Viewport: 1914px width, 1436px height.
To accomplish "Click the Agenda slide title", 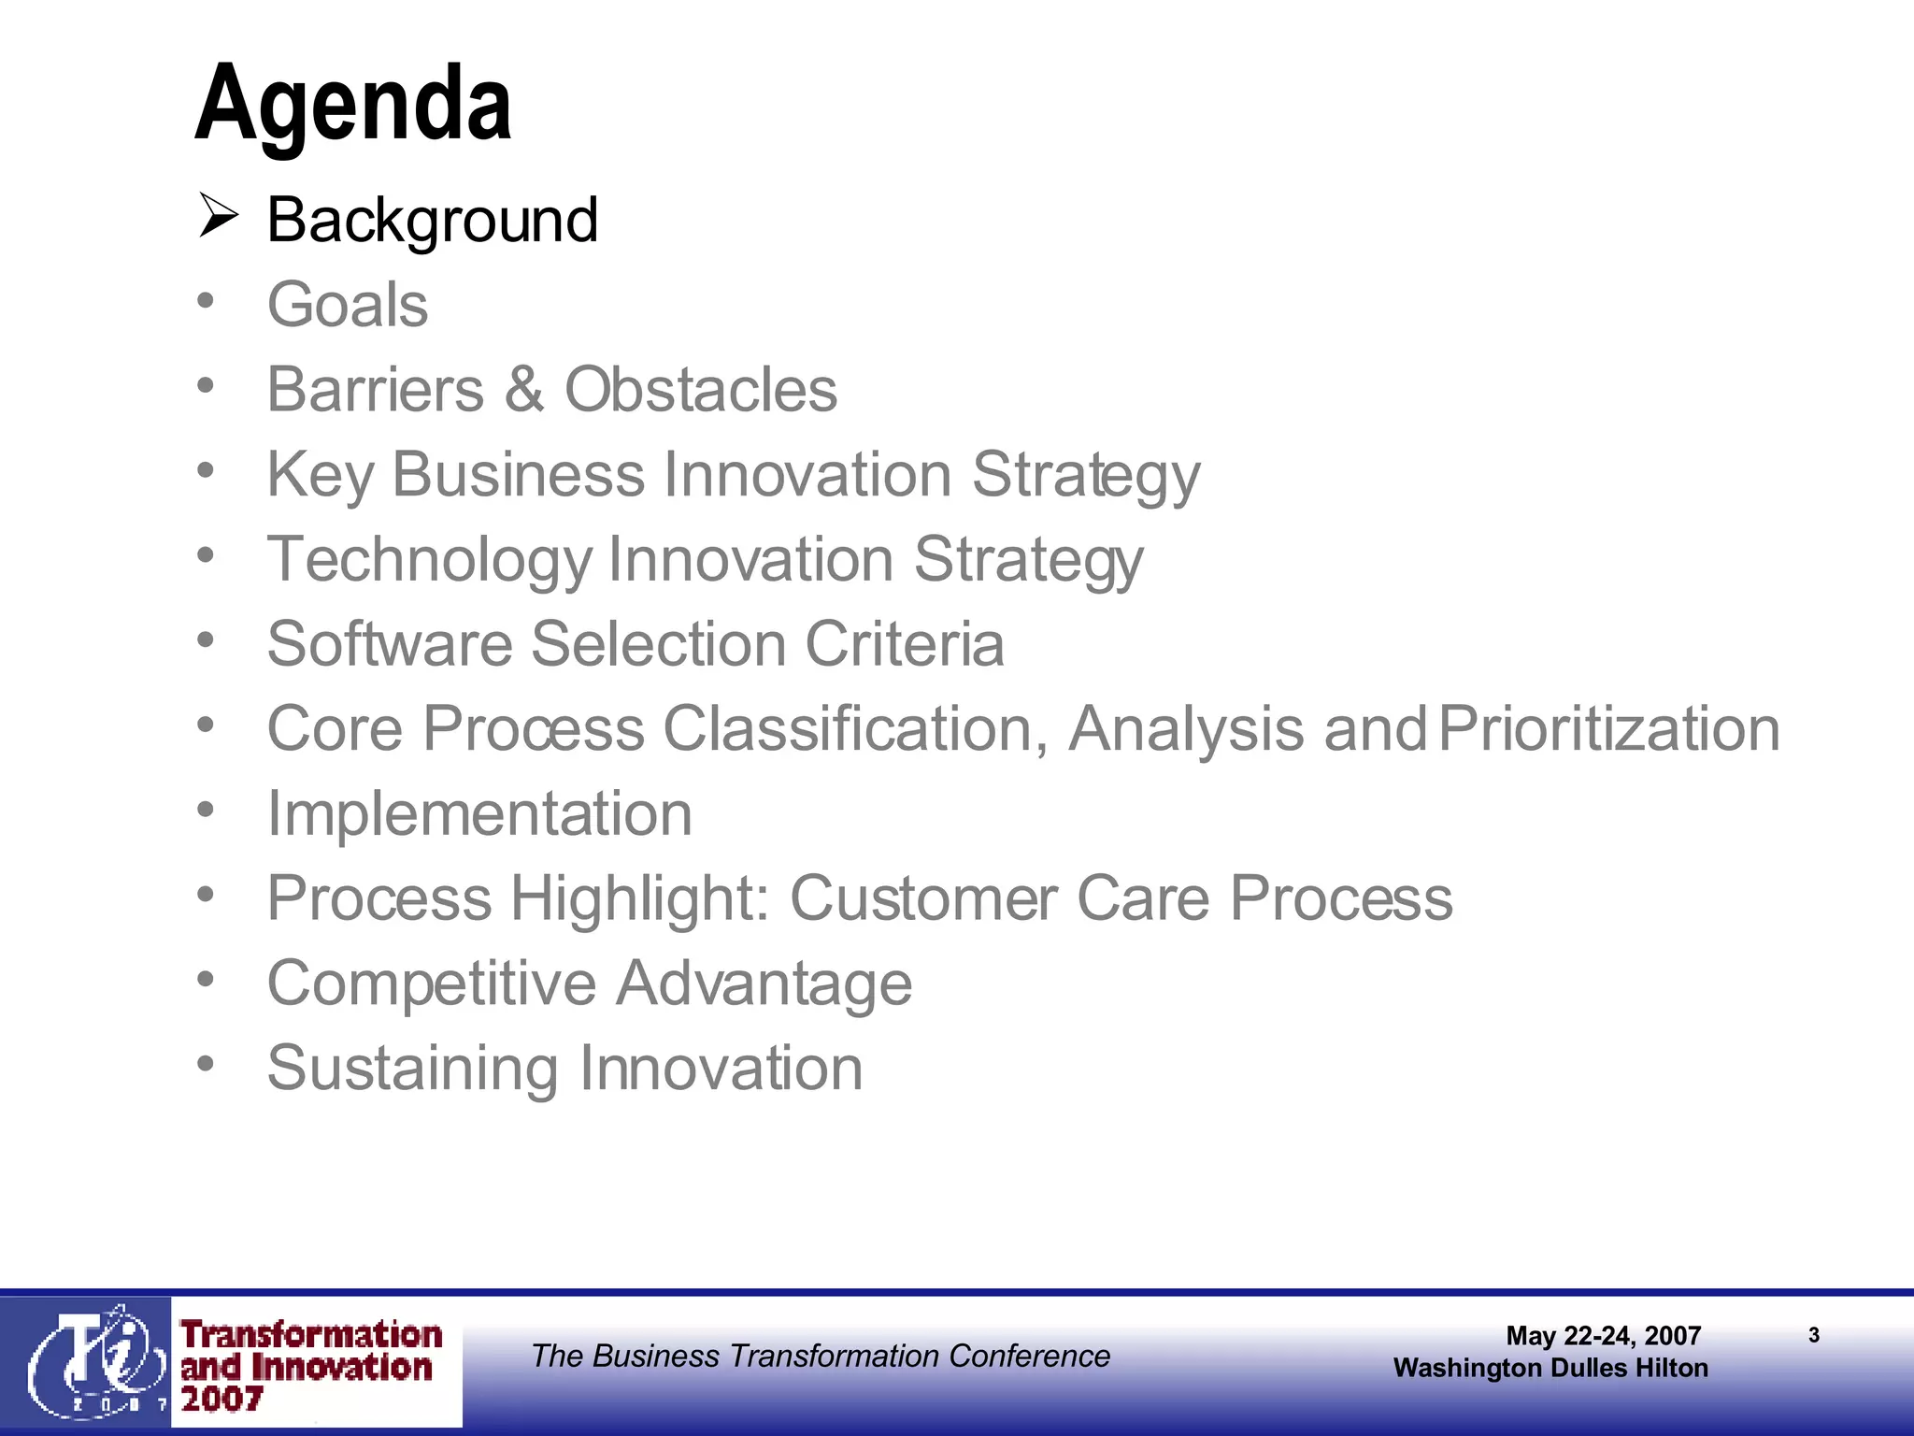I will click(x=353, y=103).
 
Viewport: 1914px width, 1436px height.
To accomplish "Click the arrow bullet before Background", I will click(x=219, y=217).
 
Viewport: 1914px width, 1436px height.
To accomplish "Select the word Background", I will click(x=432, y=221).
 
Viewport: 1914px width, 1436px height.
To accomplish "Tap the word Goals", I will click(x=348, y=306).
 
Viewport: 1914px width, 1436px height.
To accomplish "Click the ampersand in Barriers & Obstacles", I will click(x=524, y=390).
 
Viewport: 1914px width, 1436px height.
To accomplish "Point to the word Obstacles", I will click(x=701, y=390).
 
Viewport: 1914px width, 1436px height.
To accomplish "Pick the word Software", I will click(x=390, y=644).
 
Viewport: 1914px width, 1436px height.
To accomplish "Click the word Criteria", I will click(x=905, y=644).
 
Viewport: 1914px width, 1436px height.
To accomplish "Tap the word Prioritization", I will click(x=1608, y=729).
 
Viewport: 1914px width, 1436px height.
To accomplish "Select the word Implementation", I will click(x=479, y=814).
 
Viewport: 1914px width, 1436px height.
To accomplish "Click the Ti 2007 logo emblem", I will click(x=89, y=1361).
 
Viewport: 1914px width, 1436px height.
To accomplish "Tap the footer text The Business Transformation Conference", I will click(x=821, y=1356).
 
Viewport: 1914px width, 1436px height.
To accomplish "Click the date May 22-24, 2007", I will click(x=1603, y=1336).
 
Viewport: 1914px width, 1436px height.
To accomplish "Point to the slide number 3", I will click(x=1814, y=1336).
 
